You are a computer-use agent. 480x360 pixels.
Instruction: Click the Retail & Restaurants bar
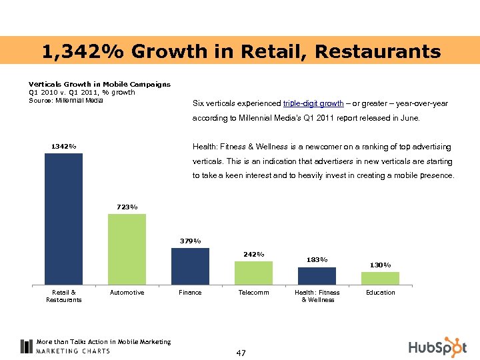pos(63,219)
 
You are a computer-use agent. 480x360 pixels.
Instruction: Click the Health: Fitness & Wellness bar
pos(317,276)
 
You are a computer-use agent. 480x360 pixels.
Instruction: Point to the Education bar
pos(380,278)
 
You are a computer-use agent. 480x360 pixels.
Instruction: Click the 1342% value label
pos(63,146)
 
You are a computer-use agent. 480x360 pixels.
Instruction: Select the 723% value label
pos(127,207)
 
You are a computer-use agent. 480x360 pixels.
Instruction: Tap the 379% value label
pos(190,241)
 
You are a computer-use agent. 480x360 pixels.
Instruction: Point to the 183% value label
pos(317,259)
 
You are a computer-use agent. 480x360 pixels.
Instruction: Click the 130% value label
pos(380,265)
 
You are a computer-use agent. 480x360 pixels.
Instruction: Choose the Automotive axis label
pos(127,293)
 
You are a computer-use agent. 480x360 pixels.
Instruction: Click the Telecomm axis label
pos(253,293)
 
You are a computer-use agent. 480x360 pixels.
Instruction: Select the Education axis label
pos(380,293)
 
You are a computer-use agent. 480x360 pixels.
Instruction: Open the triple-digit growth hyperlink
pos(313,104)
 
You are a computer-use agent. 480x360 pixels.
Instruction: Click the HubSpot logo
pos(437,347)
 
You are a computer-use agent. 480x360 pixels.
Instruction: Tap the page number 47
pos(241,353)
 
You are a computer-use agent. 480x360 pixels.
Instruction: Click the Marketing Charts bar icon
pos(26,346)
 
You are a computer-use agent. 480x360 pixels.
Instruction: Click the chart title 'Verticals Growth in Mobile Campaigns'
pos(99,84)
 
